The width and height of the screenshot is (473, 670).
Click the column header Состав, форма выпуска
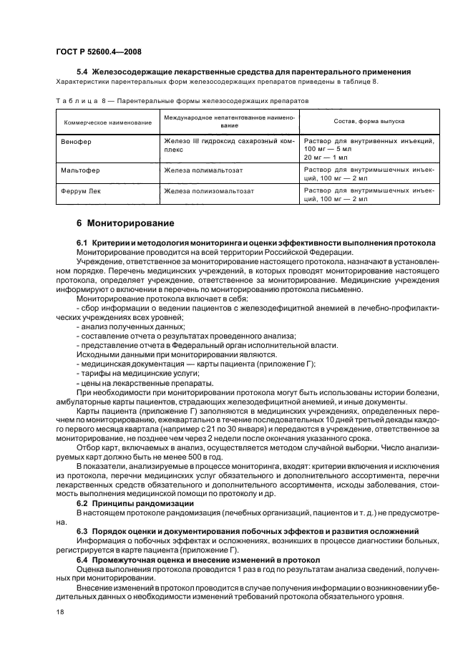(369, 122)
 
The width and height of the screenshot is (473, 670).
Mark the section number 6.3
(83, 530)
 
